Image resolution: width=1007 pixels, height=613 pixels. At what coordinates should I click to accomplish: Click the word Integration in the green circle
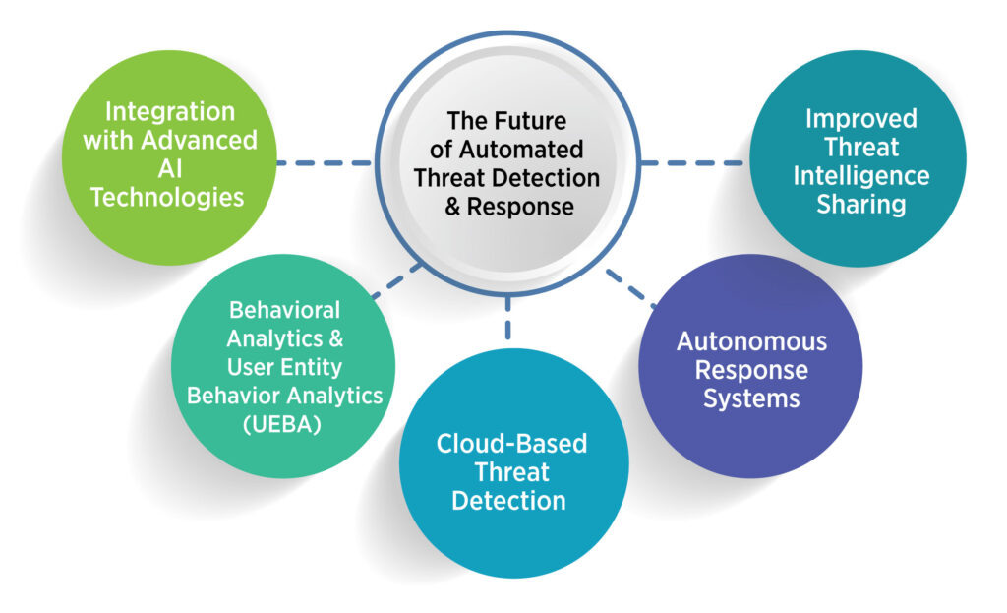pos(170,111)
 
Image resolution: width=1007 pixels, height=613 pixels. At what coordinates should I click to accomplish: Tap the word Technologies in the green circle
pos(167,197)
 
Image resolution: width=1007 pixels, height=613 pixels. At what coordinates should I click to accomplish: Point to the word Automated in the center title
pos(530,150)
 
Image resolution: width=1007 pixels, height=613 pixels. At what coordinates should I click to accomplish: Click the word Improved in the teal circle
pos(860,119)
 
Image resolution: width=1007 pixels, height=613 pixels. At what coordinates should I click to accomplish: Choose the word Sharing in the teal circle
pos(861,205)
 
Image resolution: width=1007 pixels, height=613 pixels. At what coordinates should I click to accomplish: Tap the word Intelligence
pos(860,176)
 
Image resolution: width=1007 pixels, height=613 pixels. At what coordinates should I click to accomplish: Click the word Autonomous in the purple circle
pos(751,342)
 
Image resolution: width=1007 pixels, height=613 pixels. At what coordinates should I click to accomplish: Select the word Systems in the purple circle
pos(751,399)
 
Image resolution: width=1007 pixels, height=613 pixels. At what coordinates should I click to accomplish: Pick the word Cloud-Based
pos(511,443)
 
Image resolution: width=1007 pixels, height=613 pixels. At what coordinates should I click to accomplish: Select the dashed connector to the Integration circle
pos(325,162)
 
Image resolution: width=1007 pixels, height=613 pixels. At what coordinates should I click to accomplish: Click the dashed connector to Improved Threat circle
pos(692,162)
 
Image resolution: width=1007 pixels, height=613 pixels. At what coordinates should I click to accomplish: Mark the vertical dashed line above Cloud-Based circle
pos(509,312)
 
